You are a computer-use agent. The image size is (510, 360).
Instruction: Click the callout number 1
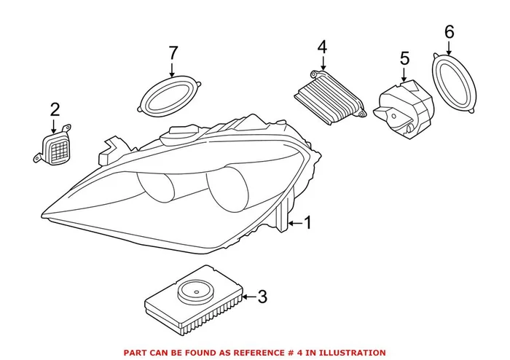click(307, 223)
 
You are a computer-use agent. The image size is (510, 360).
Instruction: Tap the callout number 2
click(55, 111)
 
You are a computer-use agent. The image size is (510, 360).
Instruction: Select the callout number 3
click(262, 297)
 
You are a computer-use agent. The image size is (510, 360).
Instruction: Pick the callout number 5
click(404, 58)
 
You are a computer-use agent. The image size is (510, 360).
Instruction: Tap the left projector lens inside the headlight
click(161, 191)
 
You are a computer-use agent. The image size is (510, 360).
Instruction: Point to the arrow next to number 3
click(246, 297)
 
